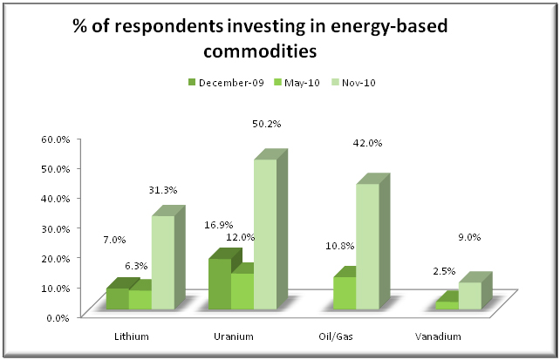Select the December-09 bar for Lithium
[117, 298]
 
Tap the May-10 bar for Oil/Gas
[344, 292]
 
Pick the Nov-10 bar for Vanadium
[470, 295]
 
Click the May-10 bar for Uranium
[242, 290]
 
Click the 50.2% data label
[266, 124]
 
